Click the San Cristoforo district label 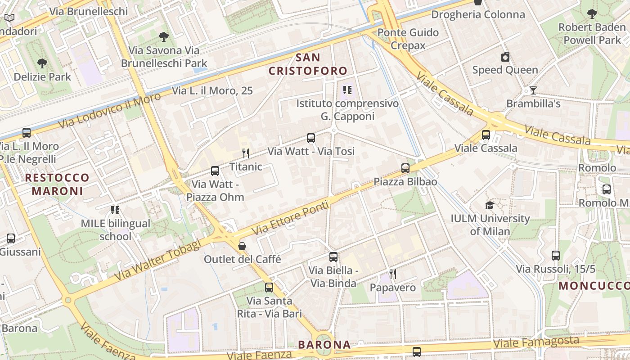click(x=308, y=64)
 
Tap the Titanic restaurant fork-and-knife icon click(x=246, y=153)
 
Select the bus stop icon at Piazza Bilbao click(x=405, y=168)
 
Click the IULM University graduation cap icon click(x=490, y=206)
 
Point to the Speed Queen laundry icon click(x=505, y=57)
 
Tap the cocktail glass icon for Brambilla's click(x=533, y=90)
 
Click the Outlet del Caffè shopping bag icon click(x=242, y=246)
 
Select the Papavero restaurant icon click(x=393, y=274)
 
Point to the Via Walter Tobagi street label click(x=157, y=261)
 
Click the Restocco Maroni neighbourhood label click(x=57, y=184)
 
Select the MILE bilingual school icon click(x=115, y=210)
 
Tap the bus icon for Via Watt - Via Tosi click(x=311, y=138)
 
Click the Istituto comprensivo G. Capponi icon click(x=347, y=90)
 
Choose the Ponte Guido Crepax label click(x=408, y=39)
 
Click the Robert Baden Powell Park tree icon click(x=592, y=14)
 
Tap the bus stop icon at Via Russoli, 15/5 click(x=556, y=256)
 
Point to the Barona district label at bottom click(x=324, y=345)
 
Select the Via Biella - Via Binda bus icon click(x=333, y=257)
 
